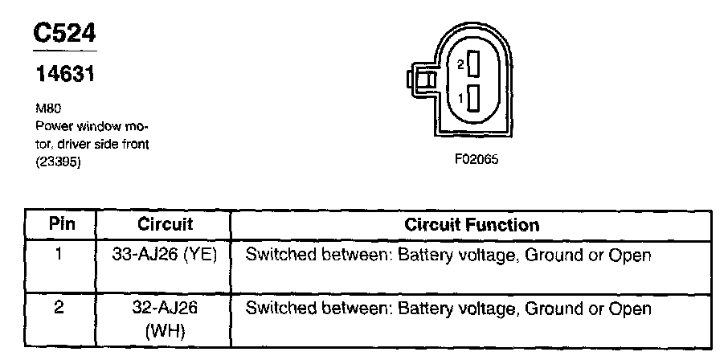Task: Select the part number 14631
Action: pyautogui.click(x=64, y=75)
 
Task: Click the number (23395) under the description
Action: pyautogui.click(x=59, y=162)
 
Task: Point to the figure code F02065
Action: pyautogui.click(x=476, y=159)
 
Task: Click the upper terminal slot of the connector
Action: pyautogui.click(x=473, y=63)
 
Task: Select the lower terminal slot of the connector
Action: pyautogui.click(x=473, y=98)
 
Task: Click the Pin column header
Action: pyautogui.click(x=61, y=223)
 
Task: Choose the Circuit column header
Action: pyautogui.click(x=165, y=223)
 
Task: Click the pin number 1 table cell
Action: pyautogui.click(x=59, y=256)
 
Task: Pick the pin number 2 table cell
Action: pyautogui.click(x=59, y=308)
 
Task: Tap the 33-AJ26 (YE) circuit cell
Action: pyautogui.click(x=166, y=256)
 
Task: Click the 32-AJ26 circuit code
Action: pyautogui.click(x=165, y=308)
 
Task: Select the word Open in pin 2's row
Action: pyautogui.click(x=632, y=308)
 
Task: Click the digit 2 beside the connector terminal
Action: pyautogui.click(x=460, y=63)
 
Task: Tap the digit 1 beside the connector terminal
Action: pyautogui.click(x=460, y=98)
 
